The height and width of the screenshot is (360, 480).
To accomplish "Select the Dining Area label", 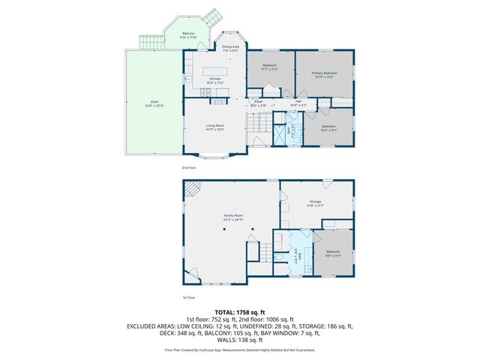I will (230, 49).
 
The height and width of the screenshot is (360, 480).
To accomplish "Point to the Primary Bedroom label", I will (324, 74).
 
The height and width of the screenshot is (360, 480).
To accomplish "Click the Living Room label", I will (216, 127).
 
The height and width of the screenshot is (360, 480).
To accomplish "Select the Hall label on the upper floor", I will (298, 103).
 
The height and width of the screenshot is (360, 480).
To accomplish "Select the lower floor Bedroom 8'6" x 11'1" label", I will (332, 253).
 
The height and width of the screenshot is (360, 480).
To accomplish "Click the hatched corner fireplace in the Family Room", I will (193, 189).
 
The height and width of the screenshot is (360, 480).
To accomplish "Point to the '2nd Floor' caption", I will (189, 167).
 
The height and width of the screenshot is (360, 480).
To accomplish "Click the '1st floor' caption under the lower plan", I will (189, 296).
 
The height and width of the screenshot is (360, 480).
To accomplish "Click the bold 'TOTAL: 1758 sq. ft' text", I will (240, 311).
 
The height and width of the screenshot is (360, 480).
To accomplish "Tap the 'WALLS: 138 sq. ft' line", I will (240, 340).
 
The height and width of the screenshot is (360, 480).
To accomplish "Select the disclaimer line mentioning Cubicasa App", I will (240, 350).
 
